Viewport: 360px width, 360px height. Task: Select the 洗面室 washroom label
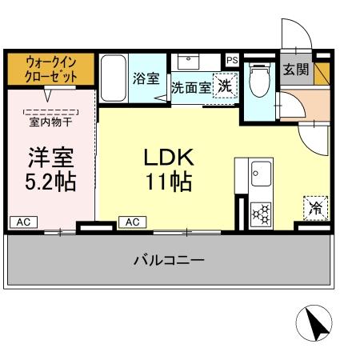click(x=190, y=87)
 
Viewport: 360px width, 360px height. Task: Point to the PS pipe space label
click(x=232, y=60)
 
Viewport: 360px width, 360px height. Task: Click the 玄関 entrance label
click(x=295, y=70)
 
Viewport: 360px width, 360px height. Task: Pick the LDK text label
click(x=168, y=156)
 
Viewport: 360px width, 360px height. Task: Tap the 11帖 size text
click(x=168, y=182)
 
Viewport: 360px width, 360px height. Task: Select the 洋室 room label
click(x=50, y=155)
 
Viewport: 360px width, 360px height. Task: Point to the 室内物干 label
click(x=50, y=122)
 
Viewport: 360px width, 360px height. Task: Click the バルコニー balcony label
click(x=168, y=260)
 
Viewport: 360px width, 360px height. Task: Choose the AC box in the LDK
click(x=132, y=221)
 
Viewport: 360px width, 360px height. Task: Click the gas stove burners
click(x=262, y=214)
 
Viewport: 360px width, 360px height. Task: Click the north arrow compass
click(x=314, y=324)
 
